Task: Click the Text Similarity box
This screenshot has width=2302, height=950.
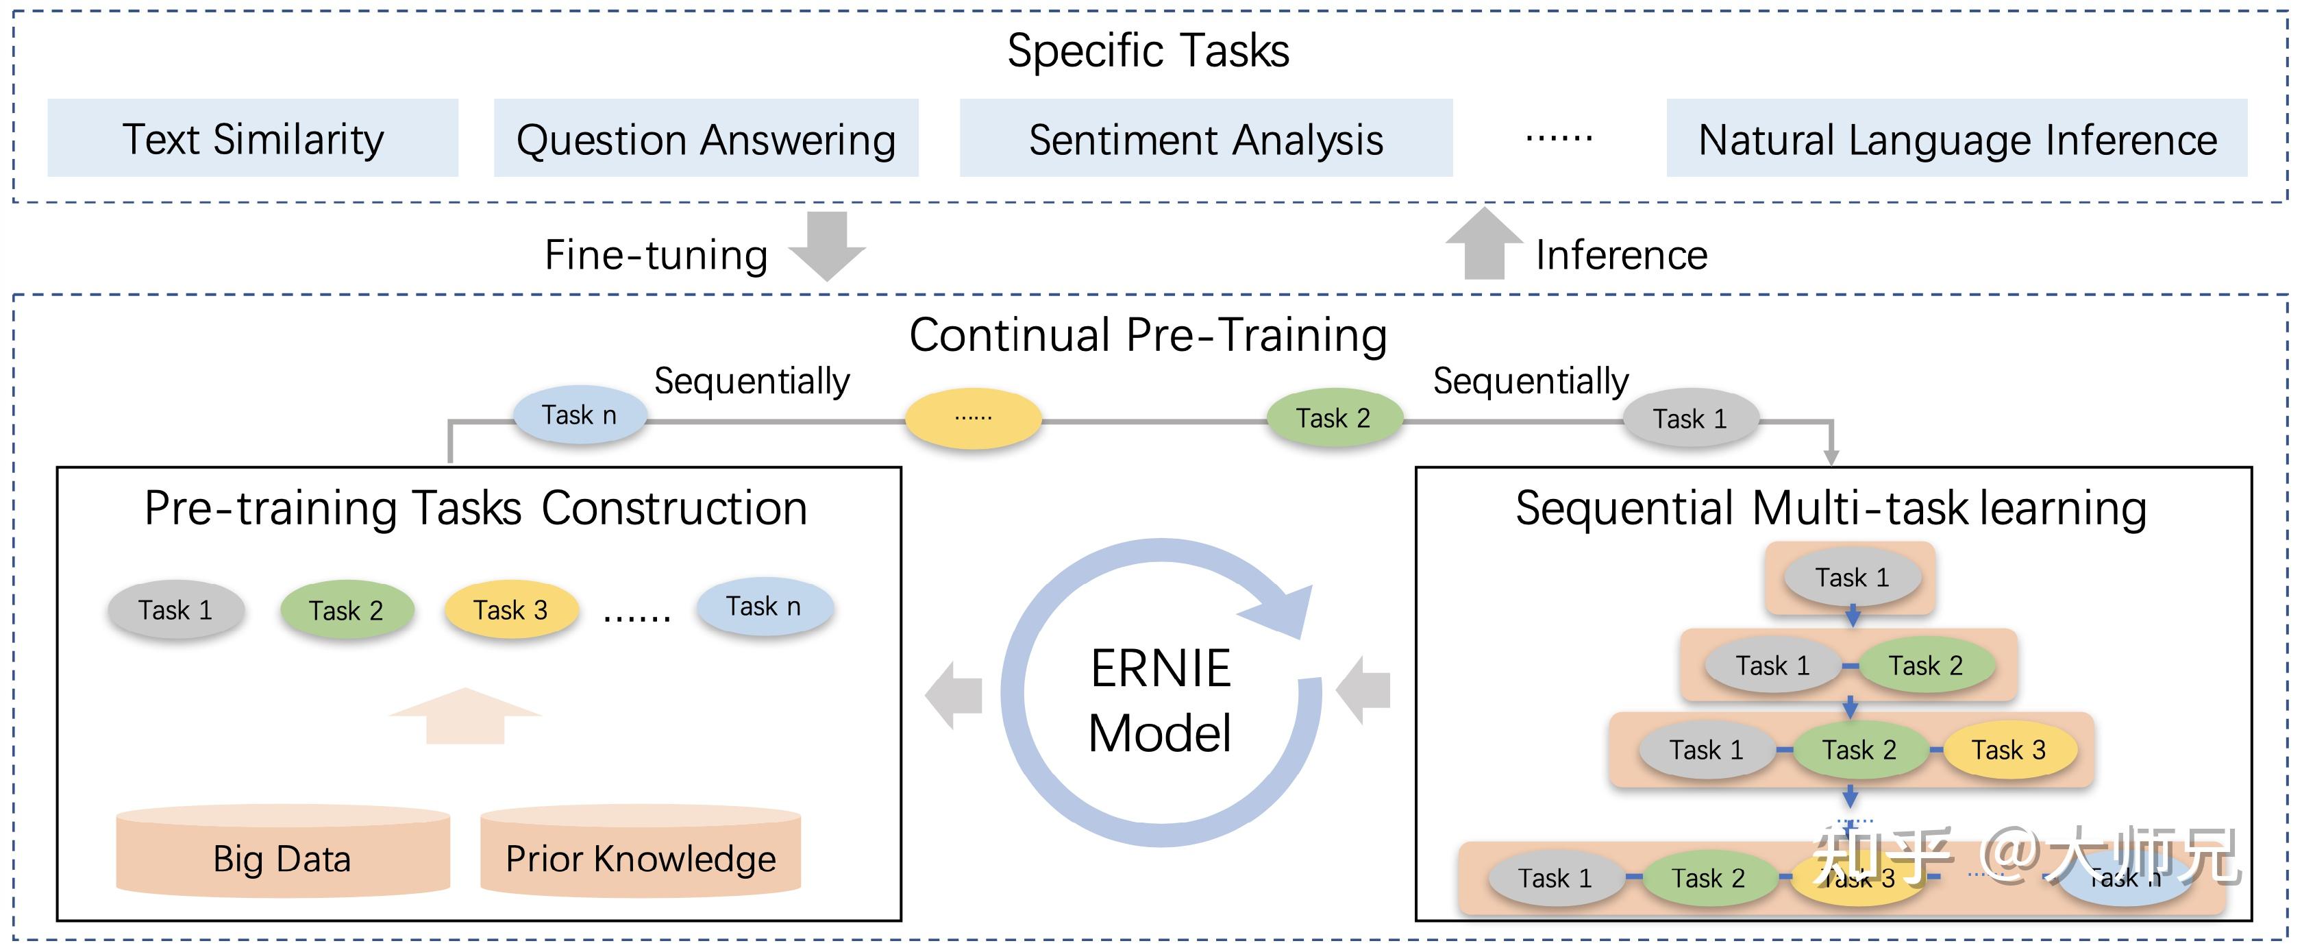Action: point(253,138)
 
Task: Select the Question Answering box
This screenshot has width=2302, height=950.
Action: point(706,138)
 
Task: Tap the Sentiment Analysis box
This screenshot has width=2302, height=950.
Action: point(1206,138)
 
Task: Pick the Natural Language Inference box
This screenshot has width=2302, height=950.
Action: point(1956,138)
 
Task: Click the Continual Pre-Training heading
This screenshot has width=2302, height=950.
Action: point(1148,335)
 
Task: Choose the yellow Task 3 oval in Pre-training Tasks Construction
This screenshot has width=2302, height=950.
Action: point(510,611)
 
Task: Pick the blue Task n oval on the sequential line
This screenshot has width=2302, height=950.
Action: point(579,415)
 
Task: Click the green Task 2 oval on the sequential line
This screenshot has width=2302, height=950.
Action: point(1333,418)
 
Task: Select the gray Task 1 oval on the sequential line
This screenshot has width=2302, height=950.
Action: point(1690,418)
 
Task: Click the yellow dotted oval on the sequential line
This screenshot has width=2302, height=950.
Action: point(973,417)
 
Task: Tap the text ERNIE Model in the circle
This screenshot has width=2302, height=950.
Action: point(1160,702)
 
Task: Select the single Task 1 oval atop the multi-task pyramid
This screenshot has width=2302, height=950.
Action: point(1852,577)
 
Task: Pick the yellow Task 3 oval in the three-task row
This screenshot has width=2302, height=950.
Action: point(2008,750)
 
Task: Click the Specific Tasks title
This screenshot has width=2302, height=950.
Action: point(1148,50)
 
